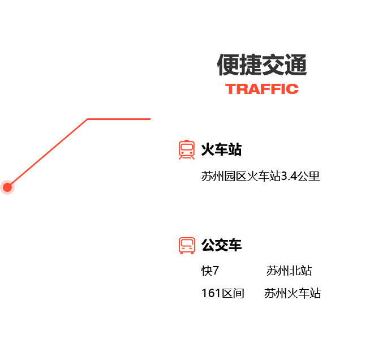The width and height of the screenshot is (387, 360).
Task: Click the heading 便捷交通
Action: [x=262, y=65]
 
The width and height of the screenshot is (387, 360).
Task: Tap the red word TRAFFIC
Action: [x=262, y=89]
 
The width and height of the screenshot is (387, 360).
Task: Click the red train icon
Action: [x=187, y=149]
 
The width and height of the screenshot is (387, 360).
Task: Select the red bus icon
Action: [x=187, y=246]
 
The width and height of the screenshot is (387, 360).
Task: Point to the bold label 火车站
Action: [x=221, y=149]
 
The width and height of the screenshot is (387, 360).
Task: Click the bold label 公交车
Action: [x=221, y=245]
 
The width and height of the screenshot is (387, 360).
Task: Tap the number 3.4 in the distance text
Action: [x=289, y=176]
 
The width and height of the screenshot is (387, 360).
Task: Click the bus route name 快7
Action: [x=210, y=271]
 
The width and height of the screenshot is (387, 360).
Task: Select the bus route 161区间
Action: [x=223, y=293]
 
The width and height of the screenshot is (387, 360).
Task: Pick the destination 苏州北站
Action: [x=289, y=271]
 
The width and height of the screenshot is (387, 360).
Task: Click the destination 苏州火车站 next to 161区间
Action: [x=293, y=293]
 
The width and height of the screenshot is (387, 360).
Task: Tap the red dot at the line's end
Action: [x=7, y=187]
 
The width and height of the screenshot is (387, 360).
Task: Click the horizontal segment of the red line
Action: [x=119, y=119]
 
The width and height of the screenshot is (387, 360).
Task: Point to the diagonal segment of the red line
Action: [x=48, y=153]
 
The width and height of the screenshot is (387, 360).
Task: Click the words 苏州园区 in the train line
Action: [x=224, y=176]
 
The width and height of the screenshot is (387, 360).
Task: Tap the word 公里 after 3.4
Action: [x=308, y=176]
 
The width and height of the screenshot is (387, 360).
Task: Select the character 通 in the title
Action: [x=296, y=65]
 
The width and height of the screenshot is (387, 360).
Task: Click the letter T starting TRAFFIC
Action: [x=230, y=89]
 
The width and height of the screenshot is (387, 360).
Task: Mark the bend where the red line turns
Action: [x=88, y=119]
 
